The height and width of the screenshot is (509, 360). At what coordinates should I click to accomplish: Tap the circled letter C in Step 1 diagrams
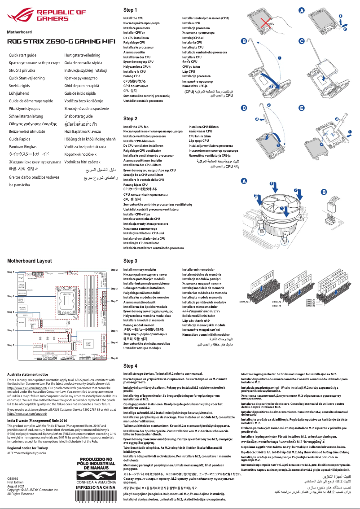coord(302,41)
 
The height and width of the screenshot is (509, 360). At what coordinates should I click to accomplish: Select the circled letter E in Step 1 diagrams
coord(302,108)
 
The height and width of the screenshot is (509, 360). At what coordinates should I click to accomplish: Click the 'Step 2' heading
coord(130,118)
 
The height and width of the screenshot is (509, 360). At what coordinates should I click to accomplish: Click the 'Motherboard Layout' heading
coord(29,261)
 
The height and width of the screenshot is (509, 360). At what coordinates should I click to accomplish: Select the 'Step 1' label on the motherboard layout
coord(11,296)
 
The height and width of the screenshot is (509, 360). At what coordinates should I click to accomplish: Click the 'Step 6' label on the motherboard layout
coord(114,358)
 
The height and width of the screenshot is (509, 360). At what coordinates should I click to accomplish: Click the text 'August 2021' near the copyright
coord(17,486)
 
